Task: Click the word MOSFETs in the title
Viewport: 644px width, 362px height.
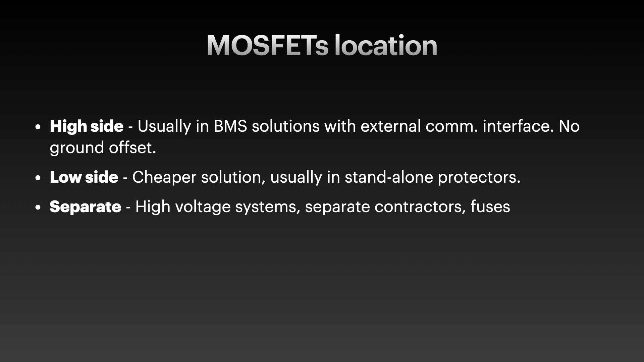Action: [x=267, y=45]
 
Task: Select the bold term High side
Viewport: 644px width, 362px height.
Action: [x=87, y=127]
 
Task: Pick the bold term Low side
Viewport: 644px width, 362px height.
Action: [x=84, y=177]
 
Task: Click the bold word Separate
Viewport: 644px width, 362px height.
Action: [x=85, y=207]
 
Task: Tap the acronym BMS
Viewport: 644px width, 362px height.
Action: [x=230, y=126]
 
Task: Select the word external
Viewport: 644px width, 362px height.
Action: [x=391, y=126]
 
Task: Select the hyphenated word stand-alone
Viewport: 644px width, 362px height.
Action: [x=389, y=177]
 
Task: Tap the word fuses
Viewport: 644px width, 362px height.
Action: [x=490, y=206]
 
